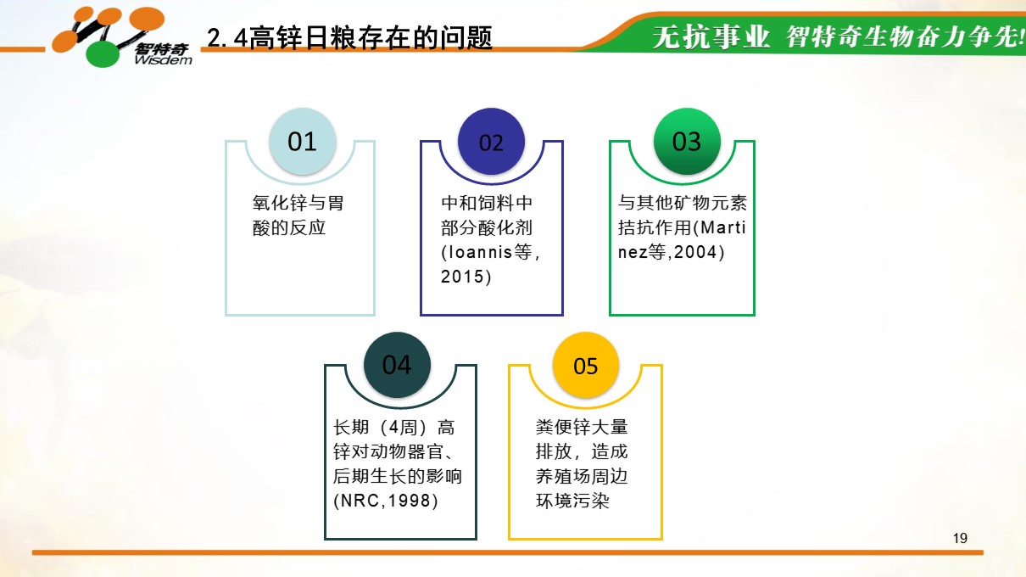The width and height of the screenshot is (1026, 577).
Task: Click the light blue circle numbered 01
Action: (x=303, y=141)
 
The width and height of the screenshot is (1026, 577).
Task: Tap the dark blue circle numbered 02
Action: (x=491, y=141)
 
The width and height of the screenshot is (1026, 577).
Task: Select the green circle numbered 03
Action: (x=687, y=141)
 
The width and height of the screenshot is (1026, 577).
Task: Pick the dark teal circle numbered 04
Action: (x=397, y=365)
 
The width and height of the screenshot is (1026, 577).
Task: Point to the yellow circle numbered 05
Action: (x=586, y=365)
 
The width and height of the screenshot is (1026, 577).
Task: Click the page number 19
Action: (x=960, y=538)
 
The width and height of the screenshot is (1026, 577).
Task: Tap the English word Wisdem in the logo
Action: (x=163, y=60)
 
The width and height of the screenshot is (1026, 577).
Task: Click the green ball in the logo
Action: (x=103, y=54)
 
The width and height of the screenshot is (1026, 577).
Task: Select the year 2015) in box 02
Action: (x=466, y=277)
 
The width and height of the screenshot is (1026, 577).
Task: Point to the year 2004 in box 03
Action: (x=694, y=252)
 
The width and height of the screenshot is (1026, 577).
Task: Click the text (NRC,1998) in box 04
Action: (x=386, y=501)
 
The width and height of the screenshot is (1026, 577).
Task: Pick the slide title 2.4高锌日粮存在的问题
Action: (x=349, y=37)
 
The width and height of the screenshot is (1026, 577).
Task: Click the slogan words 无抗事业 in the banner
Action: (x=711, y=36)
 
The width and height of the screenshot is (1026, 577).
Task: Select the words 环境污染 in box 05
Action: (x=572, y=501)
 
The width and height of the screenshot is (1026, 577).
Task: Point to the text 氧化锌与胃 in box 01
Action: (x=298, y=203)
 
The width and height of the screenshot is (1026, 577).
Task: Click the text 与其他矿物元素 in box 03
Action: (x=683, y=203)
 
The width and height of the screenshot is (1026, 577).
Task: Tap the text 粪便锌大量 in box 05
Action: (x=582, y=427)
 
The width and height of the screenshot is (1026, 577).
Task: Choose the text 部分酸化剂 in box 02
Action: (x=487, y=227)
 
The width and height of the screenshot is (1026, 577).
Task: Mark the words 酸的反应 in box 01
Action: (x=289, y=227)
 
